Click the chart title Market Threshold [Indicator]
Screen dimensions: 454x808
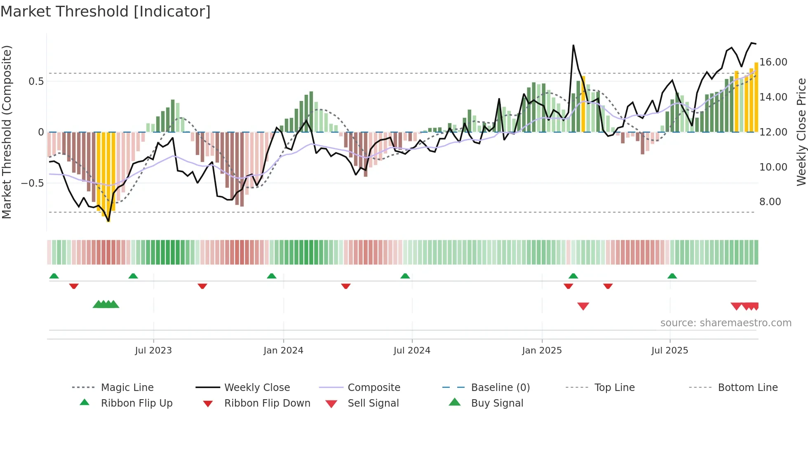[106, 12]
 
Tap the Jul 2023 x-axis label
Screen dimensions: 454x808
[153, 351]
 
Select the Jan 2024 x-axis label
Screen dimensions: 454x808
[283, 351]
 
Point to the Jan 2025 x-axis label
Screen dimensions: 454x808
[542, 351]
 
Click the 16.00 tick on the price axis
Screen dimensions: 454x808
[773, 62]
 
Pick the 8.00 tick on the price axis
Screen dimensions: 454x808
[770, 202]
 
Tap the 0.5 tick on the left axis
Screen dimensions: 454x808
[36, 82]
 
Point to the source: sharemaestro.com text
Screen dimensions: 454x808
[726, 323]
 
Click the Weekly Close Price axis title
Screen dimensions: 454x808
[801, 132]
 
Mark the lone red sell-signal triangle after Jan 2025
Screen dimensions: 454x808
[583, 306]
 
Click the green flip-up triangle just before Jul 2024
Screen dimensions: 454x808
[405, 276]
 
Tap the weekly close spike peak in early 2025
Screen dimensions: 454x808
[573, 45]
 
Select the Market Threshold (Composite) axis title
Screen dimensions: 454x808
[7, 132]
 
